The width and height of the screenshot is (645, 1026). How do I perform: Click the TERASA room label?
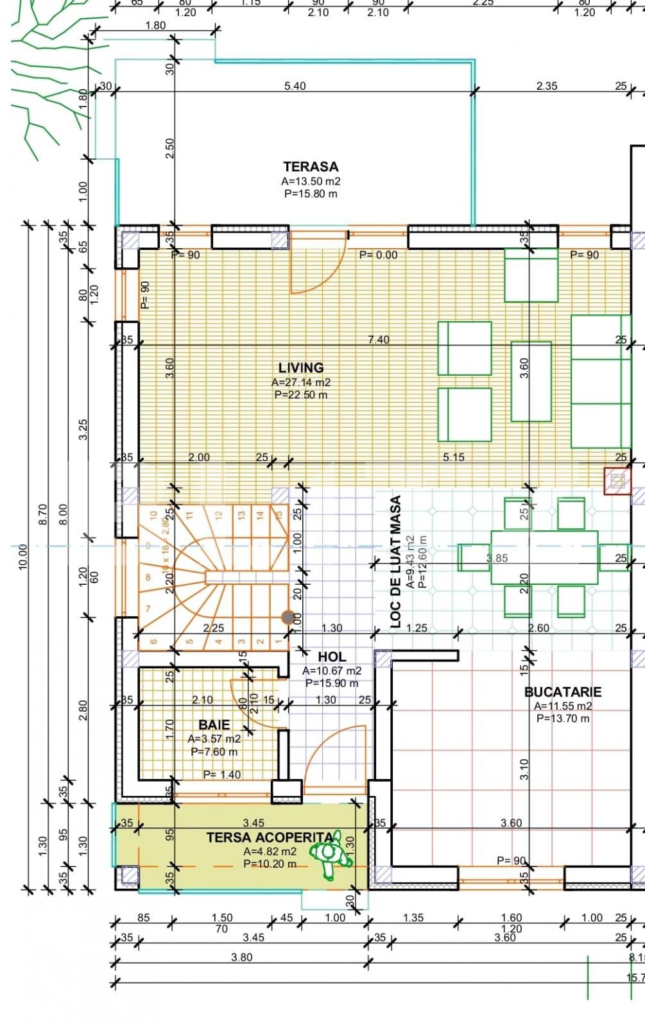click(311, 167)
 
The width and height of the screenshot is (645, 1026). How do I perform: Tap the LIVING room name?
click(300, 368)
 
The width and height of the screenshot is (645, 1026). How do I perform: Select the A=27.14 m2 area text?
click(300, 382)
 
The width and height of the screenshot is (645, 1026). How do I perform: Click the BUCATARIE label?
click(563, 692)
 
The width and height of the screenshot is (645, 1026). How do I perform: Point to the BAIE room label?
click(214, 725)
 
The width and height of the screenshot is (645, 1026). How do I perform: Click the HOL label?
click(332, 657)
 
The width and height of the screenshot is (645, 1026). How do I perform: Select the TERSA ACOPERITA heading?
click(270, 837)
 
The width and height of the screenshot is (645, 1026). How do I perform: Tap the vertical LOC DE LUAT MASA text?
click(396, 562)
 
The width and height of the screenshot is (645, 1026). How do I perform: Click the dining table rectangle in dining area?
click(544, 557)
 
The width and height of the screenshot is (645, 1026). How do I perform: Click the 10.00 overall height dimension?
click(23, 557)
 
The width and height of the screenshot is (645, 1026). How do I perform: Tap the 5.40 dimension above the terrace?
click(295, 86)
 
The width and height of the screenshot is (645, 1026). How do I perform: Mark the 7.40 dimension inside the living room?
click(378, 340)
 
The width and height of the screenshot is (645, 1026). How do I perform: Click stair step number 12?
click(218, 515)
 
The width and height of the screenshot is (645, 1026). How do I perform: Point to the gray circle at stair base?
click(287, 617)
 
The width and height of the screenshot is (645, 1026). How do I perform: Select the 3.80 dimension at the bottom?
click(241, 957)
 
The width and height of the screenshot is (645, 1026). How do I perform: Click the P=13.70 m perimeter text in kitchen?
click(563, 719)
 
